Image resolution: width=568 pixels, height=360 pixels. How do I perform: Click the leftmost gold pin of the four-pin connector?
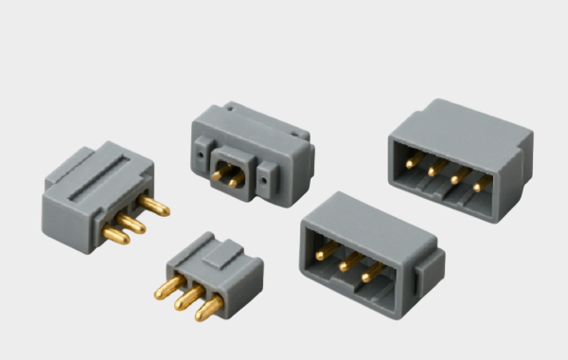pyautogui.click(x=411, y=162)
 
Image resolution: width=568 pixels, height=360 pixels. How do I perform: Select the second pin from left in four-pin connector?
pyautogui.click(x=434, y=169)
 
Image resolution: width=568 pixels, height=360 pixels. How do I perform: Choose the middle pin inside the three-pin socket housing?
pyautogui.click(x=348, y=261)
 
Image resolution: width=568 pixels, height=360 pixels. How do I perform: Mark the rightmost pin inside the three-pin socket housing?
pyautogui.click(x=372, y=272)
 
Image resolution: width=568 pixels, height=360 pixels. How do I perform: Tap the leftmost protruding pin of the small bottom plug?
pyautogui.click(x=166, y=289)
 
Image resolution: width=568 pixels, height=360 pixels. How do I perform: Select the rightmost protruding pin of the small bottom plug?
pyautogui.click(x=209, y=307)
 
